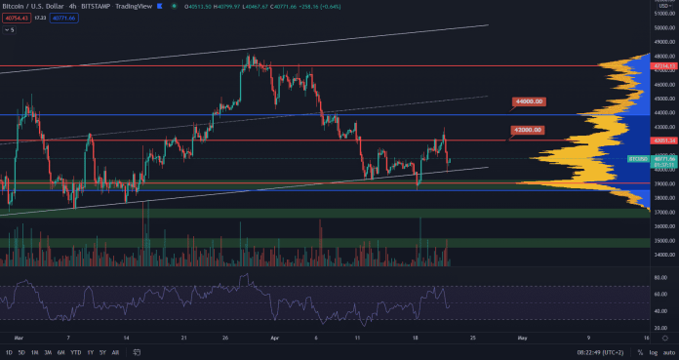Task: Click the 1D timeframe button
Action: pos(9,351)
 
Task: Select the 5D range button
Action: pos(22,351)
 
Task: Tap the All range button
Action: pos(115,351)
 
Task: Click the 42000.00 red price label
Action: pos(527,129)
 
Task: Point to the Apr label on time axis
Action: pos(275,337)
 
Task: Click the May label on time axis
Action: pos(521,337)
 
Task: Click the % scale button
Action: pos(636,351)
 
